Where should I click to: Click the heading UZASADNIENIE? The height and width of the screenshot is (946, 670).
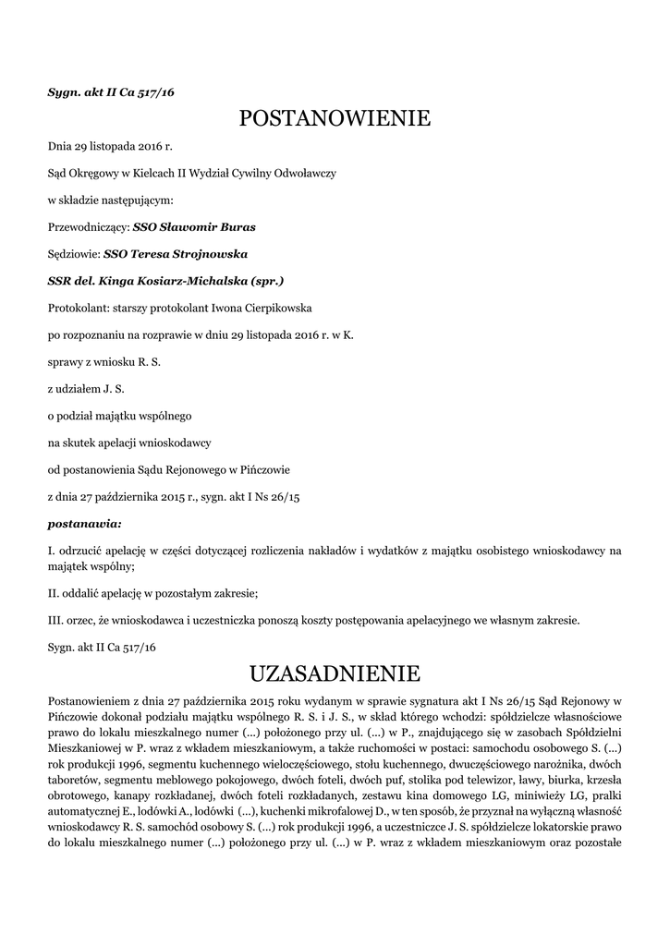[x=335, y=671]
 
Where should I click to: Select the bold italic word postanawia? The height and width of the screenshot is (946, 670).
[x=84, y=524]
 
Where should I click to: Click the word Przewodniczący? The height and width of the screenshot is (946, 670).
[x=88, y=226]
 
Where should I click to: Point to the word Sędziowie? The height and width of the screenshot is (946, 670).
[x=73, y=253]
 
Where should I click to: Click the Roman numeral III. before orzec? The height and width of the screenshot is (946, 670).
[x=56, y=621]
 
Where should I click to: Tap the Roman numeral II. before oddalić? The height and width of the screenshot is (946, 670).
[x=55, y=594]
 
